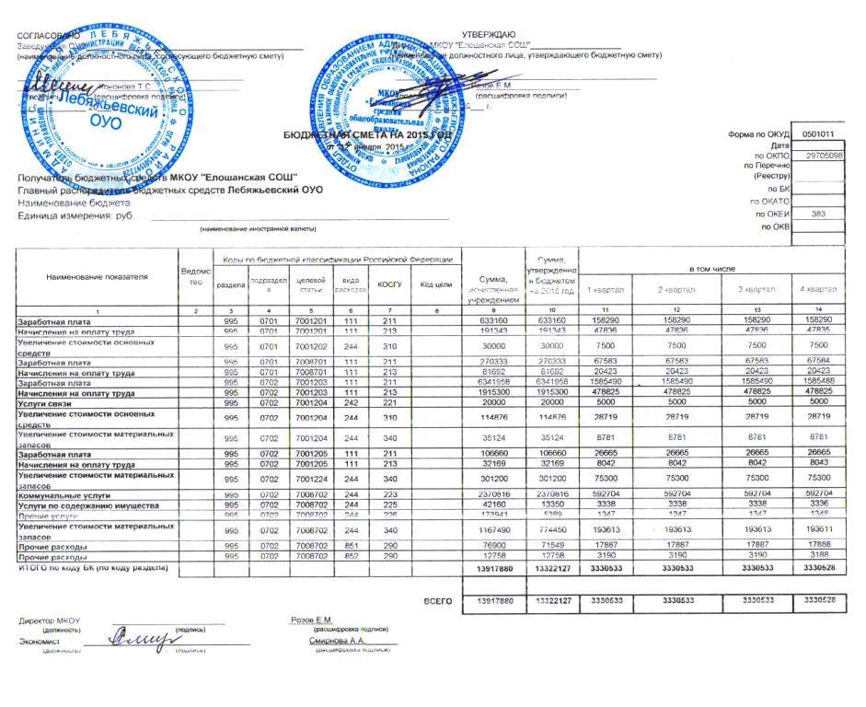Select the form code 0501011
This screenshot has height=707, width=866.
(x=817, y=133)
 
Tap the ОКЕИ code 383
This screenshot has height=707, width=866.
(x=818, y=213)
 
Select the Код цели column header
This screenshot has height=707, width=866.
(x=434, y=285)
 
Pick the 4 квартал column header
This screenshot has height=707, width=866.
(x=817, y=290)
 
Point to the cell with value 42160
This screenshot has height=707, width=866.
(x=493, y=505)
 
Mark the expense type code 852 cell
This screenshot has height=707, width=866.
(x=350, y=558)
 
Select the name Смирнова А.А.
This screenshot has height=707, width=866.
(x=338, y=641)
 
